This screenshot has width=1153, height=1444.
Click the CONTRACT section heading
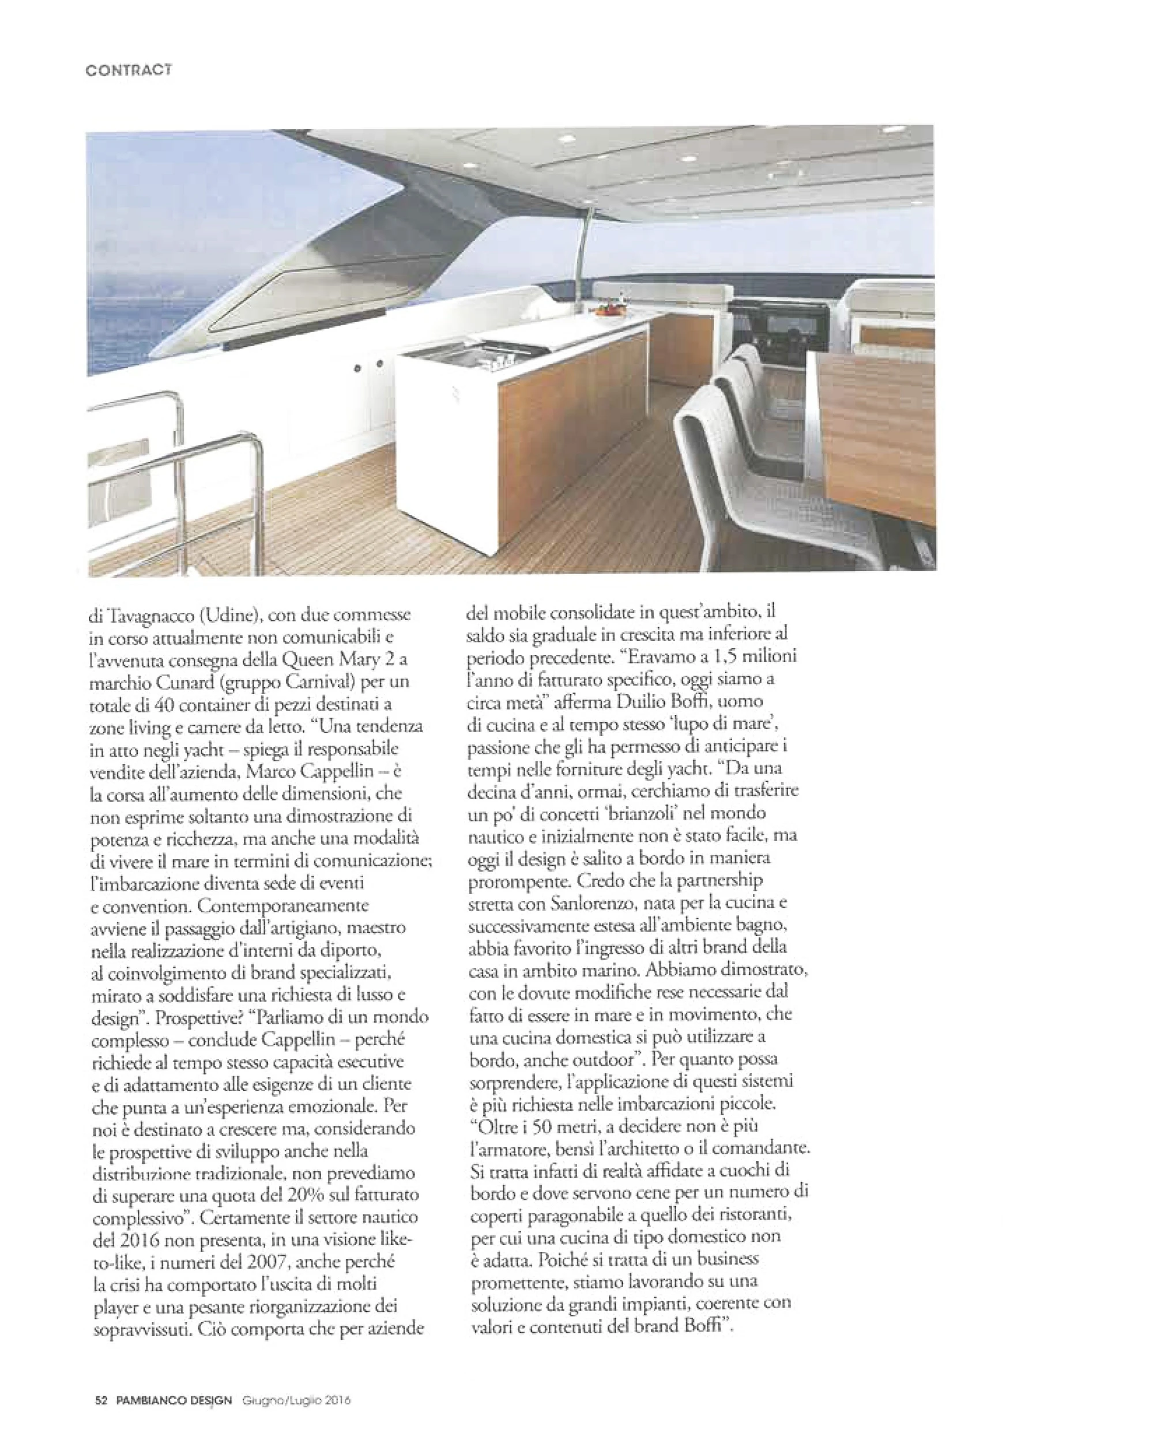(129, 70)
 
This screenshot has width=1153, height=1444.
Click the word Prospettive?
(198, 1017)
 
